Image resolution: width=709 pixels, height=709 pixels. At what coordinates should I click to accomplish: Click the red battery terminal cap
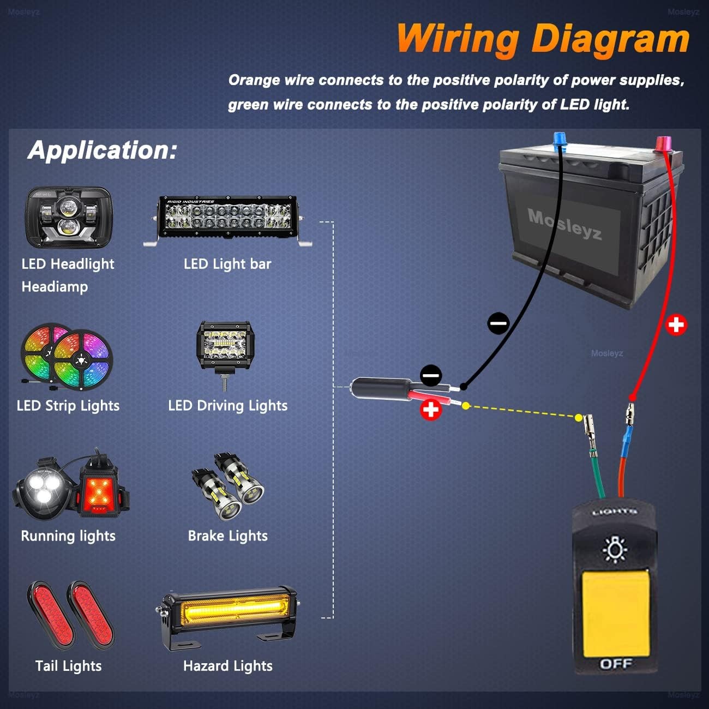(x=663, y=144)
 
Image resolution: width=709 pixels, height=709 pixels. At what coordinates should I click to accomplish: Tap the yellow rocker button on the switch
(x=616, y=613)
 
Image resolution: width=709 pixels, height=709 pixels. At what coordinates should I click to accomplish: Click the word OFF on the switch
(x=616, y=664)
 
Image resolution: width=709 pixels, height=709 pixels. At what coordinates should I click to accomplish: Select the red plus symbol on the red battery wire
(x=676, y=325)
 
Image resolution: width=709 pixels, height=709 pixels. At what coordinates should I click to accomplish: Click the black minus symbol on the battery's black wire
(x=498, y=323)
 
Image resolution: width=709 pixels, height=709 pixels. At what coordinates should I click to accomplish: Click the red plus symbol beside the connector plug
(x=431, y=410)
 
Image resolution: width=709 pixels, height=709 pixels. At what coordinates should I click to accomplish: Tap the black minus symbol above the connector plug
(x=431, y=375)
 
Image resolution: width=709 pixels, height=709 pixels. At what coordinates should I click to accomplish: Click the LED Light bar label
(x=227, y=264)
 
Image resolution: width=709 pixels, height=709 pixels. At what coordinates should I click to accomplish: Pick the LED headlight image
(x=69, y=217)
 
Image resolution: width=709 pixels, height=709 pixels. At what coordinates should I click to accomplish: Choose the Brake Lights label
(x=228, y=536)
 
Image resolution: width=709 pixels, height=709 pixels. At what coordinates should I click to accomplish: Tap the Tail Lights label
(x=68, y=665)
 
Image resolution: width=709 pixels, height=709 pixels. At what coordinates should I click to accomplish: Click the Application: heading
(x=103, y=150)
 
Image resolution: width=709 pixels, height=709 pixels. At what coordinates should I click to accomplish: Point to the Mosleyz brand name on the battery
(x=564, y=224)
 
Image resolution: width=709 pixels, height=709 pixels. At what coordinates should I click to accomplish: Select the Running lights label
(x=68, y=536)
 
